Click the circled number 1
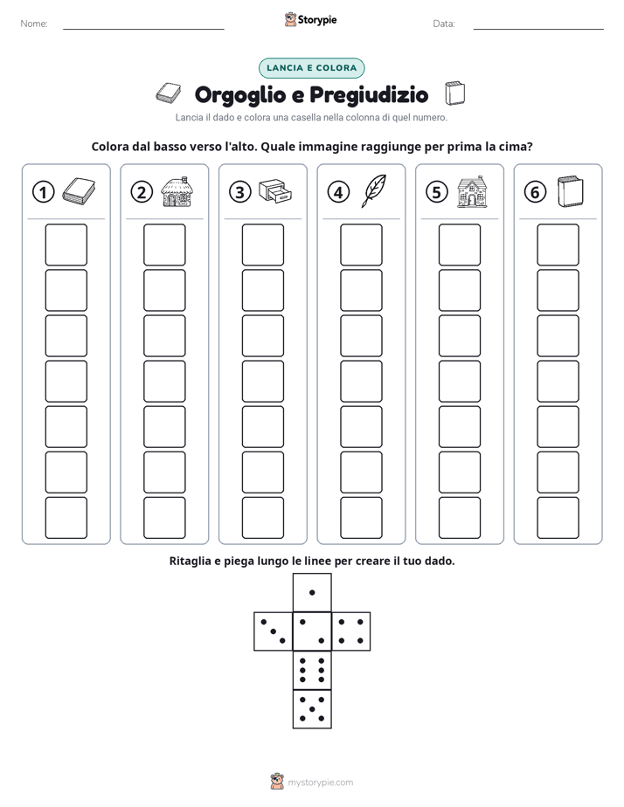43,192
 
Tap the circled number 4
338,192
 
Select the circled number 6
535,192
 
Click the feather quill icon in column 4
373,190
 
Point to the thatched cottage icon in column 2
177,191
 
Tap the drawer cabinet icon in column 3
275,191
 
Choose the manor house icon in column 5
472,191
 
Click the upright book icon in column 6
570,191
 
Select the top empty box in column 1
66,245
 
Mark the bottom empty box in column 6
558,518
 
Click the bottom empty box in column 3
262,518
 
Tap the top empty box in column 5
459,245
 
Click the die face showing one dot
312,592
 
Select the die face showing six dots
312,670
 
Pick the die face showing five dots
312,709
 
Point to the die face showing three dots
274,631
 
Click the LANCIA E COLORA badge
311,68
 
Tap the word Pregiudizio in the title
369,94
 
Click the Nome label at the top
34,24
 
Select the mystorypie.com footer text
320,783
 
